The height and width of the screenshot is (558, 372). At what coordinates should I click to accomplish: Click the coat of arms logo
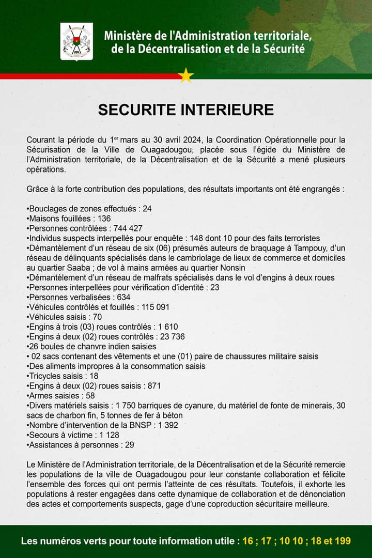[76, 41]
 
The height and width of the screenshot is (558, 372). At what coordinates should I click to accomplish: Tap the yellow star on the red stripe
[185, 75]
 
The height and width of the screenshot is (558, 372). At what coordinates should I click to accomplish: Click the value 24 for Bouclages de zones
[147, 209]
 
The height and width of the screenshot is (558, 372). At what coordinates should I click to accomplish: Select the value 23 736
[171, 336]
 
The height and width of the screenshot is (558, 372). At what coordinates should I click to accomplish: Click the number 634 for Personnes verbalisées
[123, 297]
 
